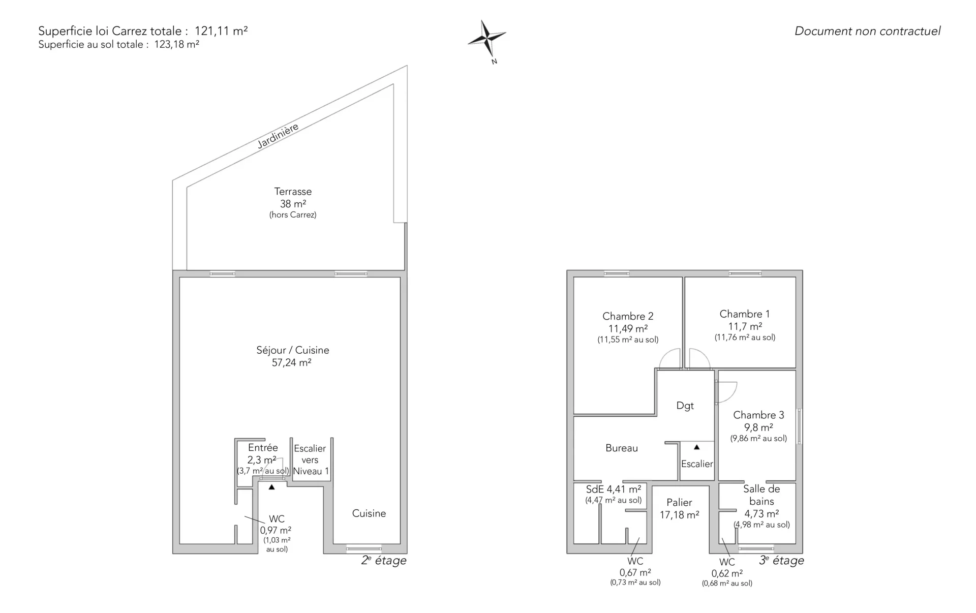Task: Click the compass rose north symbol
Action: coord(487,39)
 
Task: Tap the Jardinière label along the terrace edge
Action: coord(278,136)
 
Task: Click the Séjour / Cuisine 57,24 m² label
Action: coord(292,356)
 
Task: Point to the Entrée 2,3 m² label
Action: coord(263,454)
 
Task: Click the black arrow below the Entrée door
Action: coord(272,487)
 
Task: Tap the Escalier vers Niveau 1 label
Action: coord(311,459)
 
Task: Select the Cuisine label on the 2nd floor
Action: coord(369,513)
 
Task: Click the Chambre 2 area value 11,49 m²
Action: coord(628,329)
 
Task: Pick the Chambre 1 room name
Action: coord(745,314)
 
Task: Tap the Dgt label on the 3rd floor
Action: coord(685,406)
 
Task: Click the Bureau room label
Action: coord(622,448)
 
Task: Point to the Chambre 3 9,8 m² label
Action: coord(758,421)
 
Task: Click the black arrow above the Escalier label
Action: coord(697,447)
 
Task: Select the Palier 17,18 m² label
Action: coord(680,509)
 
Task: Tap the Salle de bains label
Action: coord(761,495)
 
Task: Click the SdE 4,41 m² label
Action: coord(614,489)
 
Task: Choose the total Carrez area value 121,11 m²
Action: coord(221,31)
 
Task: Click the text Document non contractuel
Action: coord(868,31)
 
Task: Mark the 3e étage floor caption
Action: coord(782,561)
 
